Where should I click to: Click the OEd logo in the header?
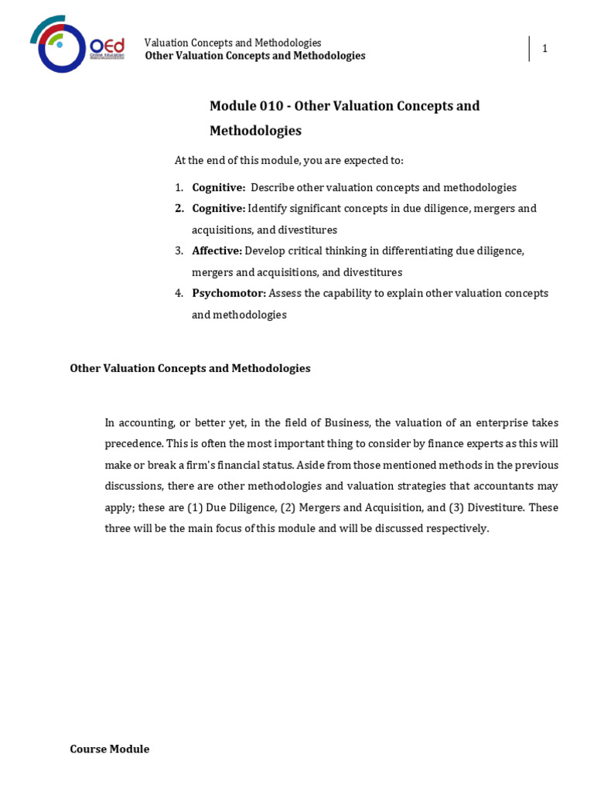(x=77, y=44)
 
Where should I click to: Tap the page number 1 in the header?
(x=544, y=49)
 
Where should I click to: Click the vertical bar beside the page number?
(x=530, y=49)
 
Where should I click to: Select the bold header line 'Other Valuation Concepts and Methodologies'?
(x=255, y=56)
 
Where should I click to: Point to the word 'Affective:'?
(x=217, y=251)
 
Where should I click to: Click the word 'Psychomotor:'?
(x=229, y=293)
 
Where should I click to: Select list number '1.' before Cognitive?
(x=179, y=187)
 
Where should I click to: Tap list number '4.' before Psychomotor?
(x=179, y=293)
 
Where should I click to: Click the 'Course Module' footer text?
(x=110, y=749)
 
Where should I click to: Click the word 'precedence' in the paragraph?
(x=132, y=444)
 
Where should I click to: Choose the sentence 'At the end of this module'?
(x=288, y=160)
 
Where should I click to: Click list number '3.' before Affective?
(x=179, y=251)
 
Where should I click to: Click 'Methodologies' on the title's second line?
(x=255, y=131)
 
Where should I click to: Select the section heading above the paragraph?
(x=190, y=368)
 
